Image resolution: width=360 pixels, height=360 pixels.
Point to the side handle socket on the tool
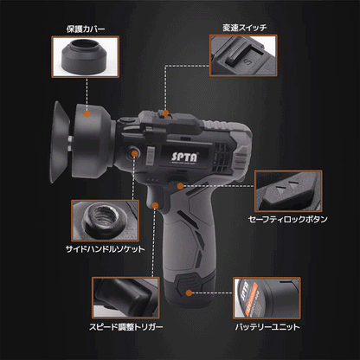tap(136, 153)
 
